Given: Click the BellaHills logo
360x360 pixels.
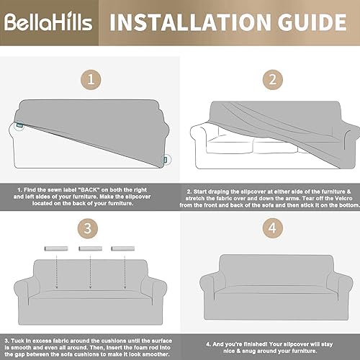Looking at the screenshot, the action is pos(48,22).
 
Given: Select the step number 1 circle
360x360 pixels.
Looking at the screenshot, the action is pos(91,80).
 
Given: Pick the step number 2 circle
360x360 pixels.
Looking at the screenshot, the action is pos(273,80).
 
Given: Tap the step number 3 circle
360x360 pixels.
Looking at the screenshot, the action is pos(88,228).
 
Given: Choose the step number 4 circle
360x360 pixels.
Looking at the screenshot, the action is pos(273,228).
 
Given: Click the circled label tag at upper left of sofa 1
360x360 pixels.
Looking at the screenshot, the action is pos(19,125).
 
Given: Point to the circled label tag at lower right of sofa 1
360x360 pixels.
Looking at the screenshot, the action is pos(166,160).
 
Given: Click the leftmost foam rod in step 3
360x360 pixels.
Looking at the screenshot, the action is pos(56,248).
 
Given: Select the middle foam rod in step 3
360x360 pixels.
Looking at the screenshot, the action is pos(91,248).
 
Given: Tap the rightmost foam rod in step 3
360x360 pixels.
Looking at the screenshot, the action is pos(123,248).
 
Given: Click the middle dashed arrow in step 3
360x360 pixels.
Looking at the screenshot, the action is pos(90,271).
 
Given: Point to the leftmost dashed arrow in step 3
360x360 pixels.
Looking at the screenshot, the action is pos(57,271).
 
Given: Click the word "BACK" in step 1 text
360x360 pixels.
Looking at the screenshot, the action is pos(89,190).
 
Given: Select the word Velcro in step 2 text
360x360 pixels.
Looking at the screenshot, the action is pos(343,199).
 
